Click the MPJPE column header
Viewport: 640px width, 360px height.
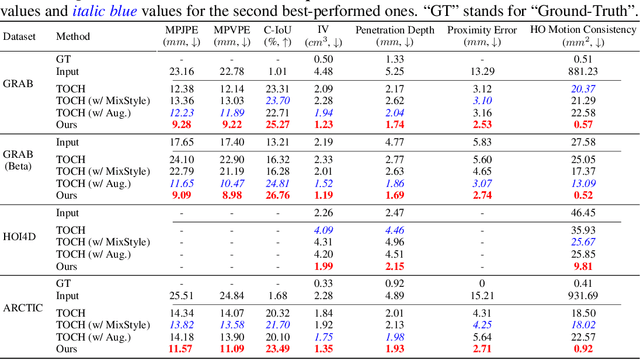181,36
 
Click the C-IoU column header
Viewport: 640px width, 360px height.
278,36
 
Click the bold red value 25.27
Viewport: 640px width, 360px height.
278,125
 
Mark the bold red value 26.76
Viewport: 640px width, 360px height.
278,196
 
